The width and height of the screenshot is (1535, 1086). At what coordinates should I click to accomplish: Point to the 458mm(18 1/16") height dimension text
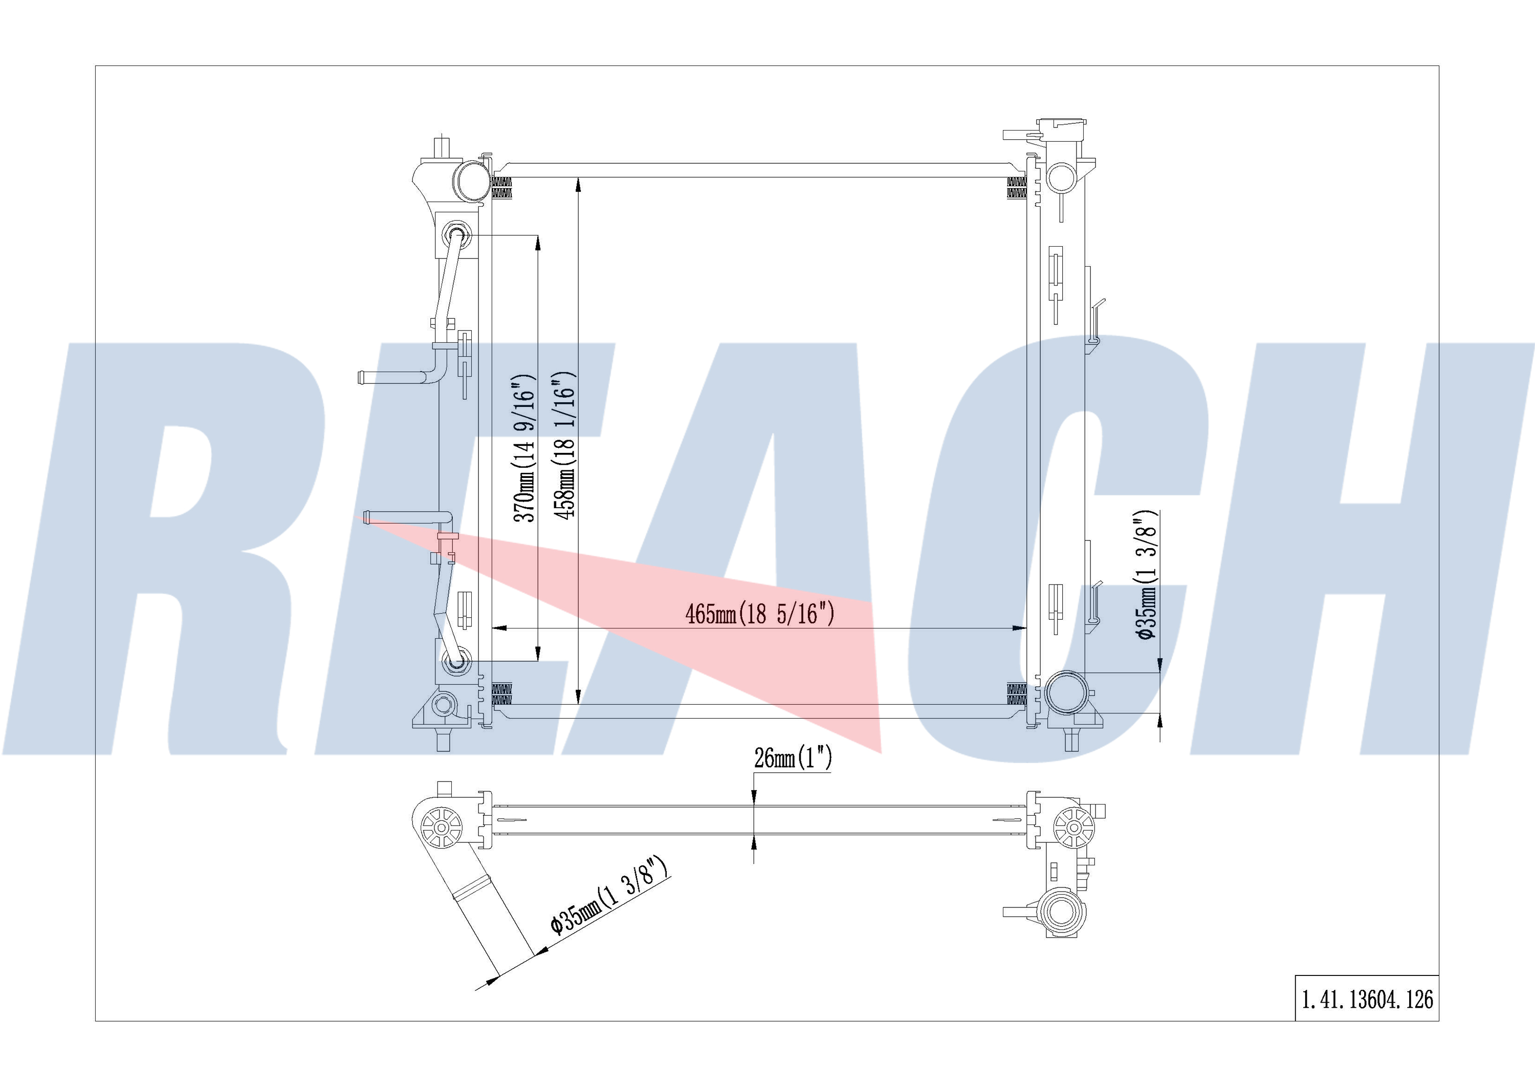click(565, 445)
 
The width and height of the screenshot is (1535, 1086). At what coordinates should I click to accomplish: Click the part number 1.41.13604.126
click(1367, 999)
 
